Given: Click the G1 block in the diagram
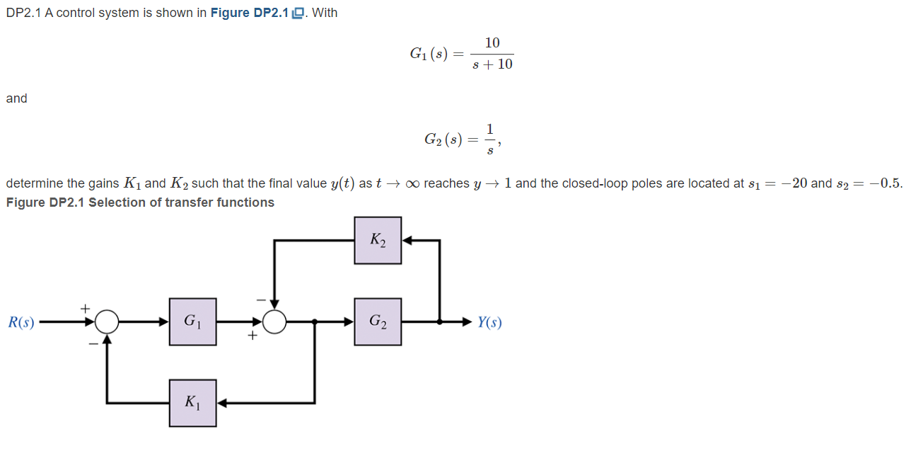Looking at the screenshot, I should point(192,321).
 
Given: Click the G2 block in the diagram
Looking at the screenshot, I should point(378,321).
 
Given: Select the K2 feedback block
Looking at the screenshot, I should point(378,241).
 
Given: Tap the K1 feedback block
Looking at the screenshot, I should point(192,403).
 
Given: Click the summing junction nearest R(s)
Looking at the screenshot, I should point(107,322).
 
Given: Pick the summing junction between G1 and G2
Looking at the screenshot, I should point(274,322).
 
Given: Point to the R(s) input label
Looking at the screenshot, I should point(21,323).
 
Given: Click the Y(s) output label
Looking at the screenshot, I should point(489,323).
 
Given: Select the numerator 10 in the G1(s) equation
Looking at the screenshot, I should point(492,43).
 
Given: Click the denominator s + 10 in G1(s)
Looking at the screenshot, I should point(492,64).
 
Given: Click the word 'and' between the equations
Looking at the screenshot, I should point(16,98).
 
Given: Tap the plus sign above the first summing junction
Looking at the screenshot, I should point(86,308).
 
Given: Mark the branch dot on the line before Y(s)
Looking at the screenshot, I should point(440,322).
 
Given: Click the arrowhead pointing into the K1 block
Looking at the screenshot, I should point(221,403).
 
